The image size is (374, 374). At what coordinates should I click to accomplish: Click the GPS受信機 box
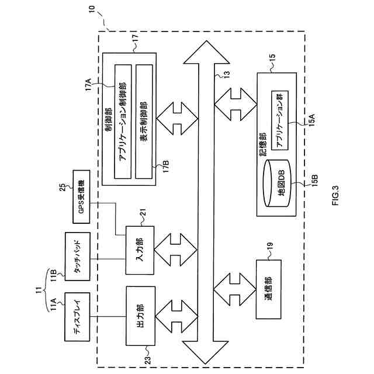[x=81, y=197]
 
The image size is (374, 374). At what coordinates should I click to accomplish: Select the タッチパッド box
[x=78, y=257]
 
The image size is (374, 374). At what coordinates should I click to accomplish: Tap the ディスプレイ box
[x=78, y=317]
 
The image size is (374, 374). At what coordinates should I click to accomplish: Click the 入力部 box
[x=140, y=250]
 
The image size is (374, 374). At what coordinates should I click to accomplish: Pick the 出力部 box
[x=140, y=316]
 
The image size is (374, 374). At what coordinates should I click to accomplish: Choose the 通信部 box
[x=269, y=289]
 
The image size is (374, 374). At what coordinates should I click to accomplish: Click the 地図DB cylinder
[x=277, y=183]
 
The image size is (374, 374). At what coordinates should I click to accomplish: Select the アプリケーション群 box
[x=280, y=120]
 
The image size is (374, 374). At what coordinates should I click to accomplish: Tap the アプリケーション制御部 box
[x=123, y=122]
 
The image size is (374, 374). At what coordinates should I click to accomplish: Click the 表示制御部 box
[x=144, y=122]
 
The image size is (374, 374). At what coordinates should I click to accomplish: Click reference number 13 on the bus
[x=227, y=74]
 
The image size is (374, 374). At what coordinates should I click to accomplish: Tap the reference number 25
[x=62, y=187]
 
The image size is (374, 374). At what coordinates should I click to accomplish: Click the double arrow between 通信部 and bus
[x=235, y=290]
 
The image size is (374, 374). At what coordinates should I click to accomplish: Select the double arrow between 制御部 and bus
[x=177, y=119]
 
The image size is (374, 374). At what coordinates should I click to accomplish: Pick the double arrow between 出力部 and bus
[x=176, y=316]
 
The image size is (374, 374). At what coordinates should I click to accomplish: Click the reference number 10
[x=92, y=9]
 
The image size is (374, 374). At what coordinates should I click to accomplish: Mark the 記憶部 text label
[x=262, y=144]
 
